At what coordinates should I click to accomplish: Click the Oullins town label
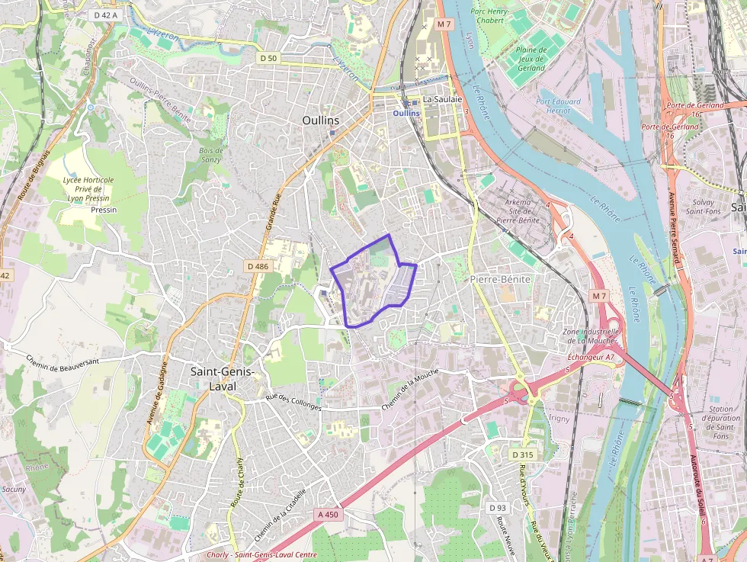point(320,120)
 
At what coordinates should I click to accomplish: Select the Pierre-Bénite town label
point(500,279)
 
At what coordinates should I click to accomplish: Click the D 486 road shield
point(258,266)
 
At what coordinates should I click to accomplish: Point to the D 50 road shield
point(268,58)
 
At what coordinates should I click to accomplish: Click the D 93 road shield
point(497,508)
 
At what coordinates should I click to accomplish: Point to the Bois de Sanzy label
point(210,155)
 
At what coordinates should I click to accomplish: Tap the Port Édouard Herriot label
point(558,106)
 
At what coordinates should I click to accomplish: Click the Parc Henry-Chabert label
point(499,16)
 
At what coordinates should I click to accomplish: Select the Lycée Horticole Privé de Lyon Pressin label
point(88,188)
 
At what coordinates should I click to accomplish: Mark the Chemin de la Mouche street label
point(412,389)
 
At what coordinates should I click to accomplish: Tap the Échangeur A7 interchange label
point(591,357)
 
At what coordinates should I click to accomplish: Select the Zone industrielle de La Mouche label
point(589,336)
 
